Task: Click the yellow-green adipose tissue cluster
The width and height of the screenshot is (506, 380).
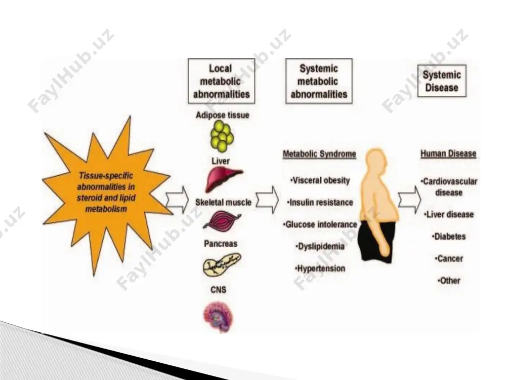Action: coord(222,136)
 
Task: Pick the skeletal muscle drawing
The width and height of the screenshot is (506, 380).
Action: coord(222,221)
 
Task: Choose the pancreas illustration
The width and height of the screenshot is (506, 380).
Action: coord(222,263)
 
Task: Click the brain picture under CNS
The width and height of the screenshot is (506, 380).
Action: coord(218,317)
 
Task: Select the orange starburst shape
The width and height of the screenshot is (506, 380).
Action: coord(106,194)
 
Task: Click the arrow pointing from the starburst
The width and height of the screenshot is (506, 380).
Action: coord(177,199)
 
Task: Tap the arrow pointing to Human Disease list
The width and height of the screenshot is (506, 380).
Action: coord(409,199)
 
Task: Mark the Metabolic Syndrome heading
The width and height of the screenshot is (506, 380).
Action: coord(319,154)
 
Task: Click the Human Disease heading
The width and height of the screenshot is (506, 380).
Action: coord(448,154)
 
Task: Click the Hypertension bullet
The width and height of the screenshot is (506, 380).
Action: coord(320,269)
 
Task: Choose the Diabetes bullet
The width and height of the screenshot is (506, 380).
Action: coord(449,237)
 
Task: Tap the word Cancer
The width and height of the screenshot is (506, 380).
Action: coord(450,258)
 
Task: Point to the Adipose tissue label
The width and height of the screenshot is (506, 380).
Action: coord(222,116)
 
